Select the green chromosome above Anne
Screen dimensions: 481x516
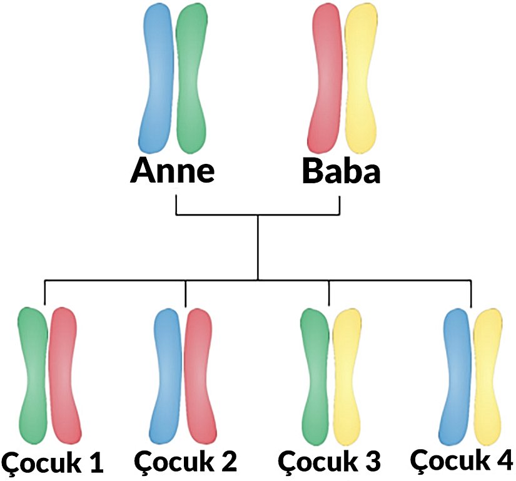click(190, 78)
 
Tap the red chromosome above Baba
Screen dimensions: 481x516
click(325, 78)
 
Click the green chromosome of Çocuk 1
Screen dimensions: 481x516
click(33, 375)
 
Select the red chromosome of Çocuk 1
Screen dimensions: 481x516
click(64, 375)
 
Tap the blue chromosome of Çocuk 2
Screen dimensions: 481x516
click(166, 375)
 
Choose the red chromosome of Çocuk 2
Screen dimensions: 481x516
click(201, 375)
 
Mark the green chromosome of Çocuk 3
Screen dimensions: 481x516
click(315, 375)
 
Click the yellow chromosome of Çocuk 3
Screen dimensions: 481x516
click(347, 375)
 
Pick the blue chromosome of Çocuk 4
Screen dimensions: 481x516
click(457, 375)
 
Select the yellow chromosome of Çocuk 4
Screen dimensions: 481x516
click(487, 375)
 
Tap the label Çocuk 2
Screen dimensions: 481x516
click(186, 463)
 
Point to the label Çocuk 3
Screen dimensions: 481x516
click(330, 463)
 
